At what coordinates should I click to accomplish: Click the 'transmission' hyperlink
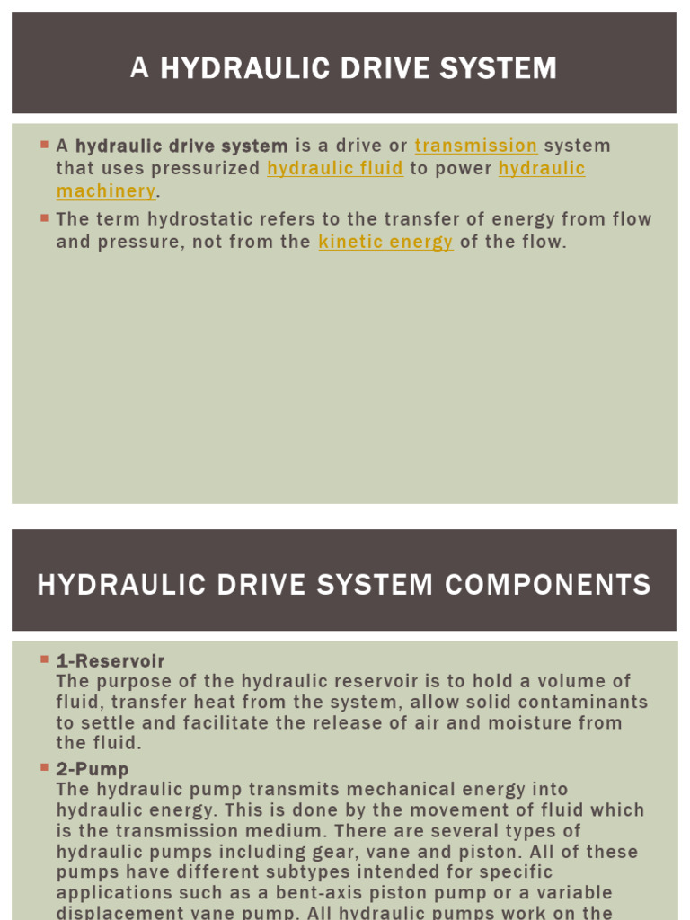(475, 146)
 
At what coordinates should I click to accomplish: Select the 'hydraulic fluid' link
(335, 168)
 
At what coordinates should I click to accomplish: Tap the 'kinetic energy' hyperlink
(385, 242)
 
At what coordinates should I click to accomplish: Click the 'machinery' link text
(106, 190)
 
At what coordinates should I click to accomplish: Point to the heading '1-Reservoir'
(111, 661)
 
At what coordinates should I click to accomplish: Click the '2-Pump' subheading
(93, 769)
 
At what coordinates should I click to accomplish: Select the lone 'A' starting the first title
(139, 68)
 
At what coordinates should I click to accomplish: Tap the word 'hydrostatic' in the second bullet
(188, 219)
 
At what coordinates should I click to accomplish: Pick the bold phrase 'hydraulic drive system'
(181, 146)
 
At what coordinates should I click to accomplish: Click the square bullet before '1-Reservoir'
(43, 659)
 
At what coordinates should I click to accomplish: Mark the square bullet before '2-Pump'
(43, 767)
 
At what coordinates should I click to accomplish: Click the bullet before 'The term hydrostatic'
(43, 217)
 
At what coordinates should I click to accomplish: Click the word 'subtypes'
(300, 871)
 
